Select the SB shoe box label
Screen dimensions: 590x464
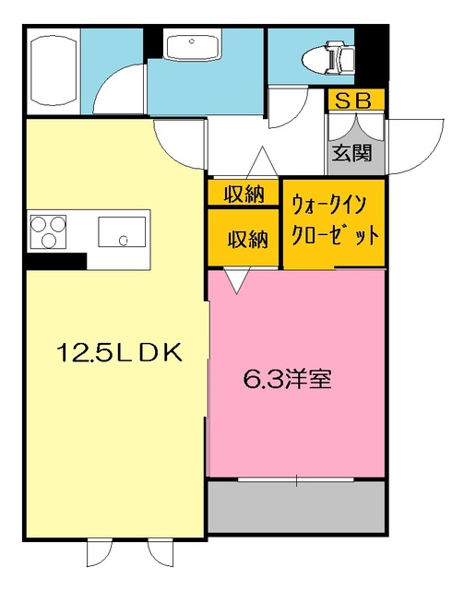coord(355,100)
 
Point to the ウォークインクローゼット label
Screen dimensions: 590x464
coord(334,218)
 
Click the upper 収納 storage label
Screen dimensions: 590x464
coord(244,194)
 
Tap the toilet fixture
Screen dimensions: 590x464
coord(327,58)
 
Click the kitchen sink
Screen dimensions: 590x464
coord(123,233)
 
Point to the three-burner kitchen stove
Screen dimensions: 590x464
coord(49,230)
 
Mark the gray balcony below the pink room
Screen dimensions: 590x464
coord(295,506)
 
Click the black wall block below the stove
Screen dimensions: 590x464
coord(55,261)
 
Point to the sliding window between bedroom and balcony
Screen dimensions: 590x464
coord(295,479)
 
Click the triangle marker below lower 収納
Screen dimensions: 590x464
coord(235,280)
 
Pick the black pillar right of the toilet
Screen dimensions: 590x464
coord(372,55)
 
